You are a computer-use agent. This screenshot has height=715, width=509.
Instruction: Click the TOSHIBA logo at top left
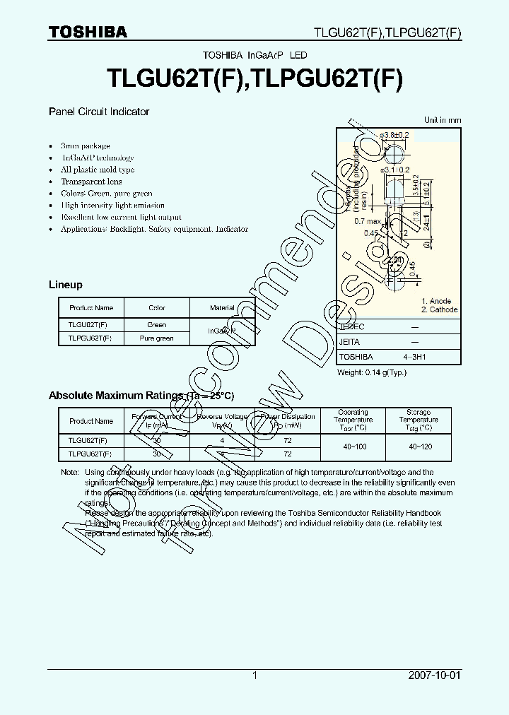[88, 32]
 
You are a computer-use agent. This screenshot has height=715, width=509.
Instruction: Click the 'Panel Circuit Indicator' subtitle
[99, 112]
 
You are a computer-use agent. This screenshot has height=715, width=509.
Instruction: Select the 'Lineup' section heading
[66, 285]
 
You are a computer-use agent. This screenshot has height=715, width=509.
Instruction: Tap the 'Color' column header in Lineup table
[157, 308]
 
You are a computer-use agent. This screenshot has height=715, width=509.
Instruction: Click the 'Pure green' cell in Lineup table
[157, 338]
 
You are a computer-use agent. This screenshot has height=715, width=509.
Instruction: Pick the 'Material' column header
[222, 308]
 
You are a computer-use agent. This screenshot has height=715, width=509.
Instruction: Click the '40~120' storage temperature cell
[419, 447]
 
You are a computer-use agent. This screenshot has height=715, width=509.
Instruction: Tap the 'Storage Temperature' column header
[419, 420]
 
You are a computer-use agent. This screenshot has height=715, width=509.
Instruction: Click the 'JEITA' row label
[350, 342]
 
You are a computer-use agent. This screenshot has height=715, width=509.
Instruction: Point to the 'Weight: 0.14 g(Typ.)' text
[372, 372]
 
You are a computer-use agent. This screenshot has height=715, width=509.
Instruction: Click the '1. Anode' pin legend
[435, 301]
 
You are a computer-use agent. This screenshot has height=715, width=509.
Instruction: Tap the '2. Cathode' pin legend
[439, 309]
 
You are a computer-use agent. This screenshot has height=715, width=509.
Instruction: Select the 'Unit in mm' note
[443, 120]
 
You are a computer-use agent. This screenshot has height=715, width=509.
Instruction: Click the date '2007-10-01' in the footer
[435, 675]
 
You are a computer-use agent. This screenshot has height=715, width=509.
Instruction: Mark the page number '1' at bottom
[255, 675]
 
